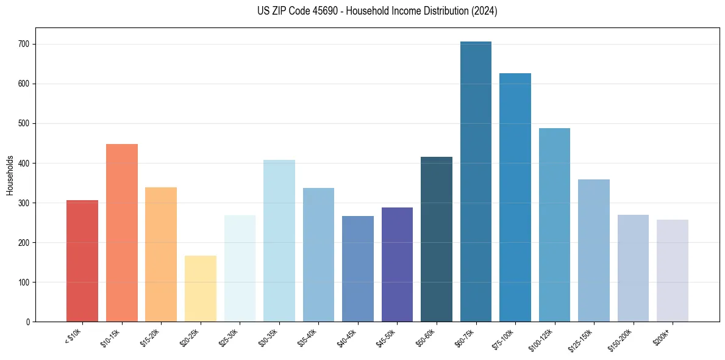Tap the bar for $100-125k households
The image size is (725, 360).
coord(554,225)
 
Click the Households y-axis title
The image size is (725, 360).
coord(10,175)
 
